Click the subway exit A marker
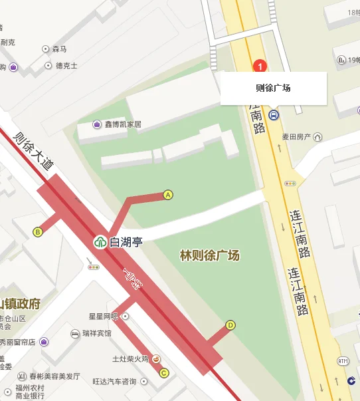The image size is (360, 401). [168, 195]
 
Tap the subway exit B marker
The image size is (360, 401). [38, 231]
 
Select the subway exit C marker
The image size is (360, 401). [164, 372]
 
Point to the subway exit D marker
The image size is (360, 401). [230, 325]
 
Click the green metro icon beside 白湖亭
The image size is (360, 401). [100, 242]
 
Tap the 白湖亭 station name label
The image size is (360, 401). [126, 242]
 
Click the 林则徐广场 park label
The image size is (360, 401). [210, 255]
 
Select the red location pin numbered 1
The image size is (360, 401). [260, 66]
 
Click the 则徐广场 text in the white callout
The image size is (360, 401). [273, 88]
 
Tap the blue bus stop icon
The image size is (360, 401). [274, 115]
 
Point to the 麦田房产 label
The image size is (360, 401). [297, 137]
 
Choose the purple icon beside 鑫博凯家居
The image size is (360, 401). [98, 124]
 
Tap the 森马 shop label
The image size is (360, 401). [60, 49]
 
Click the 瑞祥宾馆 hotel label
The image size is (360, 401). [97, 333]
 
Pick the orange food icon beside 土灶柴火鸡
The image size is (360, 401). [156, 359]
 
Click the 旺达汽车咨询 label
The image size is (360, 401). [114, 382]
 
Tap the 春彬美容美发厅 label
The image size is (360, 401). [50, 376]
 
